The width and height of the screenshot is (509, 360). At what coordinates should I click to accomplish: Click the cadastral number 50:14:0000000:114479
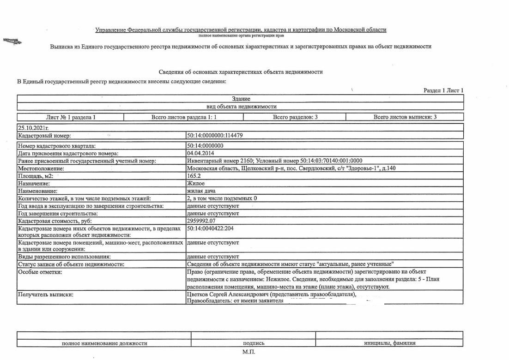click(x=215, y=136)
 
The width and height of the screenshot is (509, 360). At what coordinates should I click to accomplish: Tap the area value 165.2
click(x=194, y=176)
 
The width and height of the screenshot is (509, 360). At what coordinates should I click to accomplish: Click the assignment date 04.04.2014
click(x=201, y=153)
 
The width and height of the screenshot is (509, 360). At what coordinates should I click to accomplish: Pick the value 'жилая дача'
click(x=201, y=191)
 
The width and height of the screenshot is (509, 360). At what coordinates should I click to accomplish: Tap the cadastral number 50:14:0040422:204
click(x=211, y=228)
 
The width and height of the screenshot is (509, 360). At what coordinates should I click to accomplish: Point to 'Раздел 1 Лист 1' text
click(x=443, y=90)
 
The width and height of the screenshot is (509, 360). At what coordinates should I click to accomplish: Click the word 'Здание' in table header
click(x=241, y=99)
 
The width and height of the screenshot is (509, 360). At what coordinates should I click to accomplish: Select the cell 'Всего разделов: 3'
click(x=295, y=117)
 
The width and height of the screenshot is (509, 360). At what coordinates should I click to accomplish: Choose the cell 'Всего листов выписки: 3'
click(x=405, y=117)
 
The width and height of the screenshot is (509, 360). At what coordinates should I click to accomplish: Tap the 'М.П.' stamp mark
click(x=248, y=352)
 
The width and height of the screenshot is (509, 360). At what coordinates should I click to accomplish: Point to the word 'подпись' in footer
click(x=254, y=343)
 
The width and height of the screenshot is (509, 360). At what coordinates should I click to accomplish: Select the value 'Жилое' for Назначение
click(x=196, y=183)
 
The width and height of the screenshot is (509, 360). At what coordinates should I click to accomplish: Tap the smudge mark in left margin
click(x=12, y=42)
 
